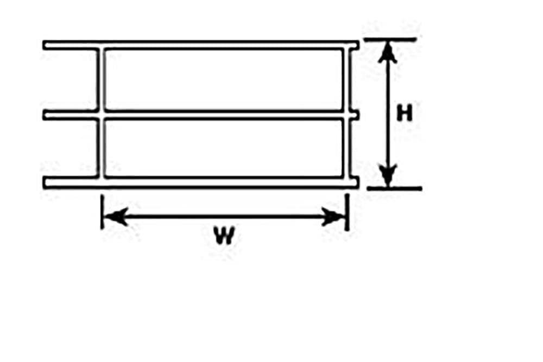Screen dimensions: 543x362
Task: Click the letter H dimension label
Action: coord(405,113)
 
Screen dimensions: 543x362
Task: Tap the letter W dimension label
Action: coord(224,235)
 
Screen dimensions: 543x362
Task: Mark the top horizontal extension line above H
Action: coord(390,40)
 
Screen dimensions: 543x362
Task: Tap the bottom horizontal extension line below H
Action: coord(394,188)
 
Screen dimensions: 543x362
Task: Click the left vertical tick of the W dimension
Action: coord(102,212)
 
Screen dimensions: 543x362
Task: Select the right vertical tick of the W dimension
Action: coord(347,212)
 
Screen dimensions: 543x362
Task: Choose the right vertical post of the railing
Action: coord(347,114)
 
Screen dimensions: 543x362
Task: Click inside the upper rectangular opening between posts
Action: coord(224,80)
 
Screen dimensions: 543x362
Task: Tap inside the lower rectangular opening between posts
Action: coord(224,148)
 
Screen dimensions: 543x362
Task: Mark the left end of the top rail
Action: coord(45,45)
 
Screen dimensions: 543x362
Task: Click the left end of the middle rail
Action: coord(45,115)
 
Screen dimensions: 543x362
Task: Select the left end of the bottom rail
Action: coord(45,182)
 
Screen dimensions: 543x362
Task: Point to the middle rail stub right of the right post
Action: coord(355,115)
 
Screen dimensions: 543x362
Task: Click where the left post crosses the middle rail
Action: coord(101,115)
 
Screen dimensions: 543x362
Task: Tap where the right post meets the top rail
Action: coord(347,46)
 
